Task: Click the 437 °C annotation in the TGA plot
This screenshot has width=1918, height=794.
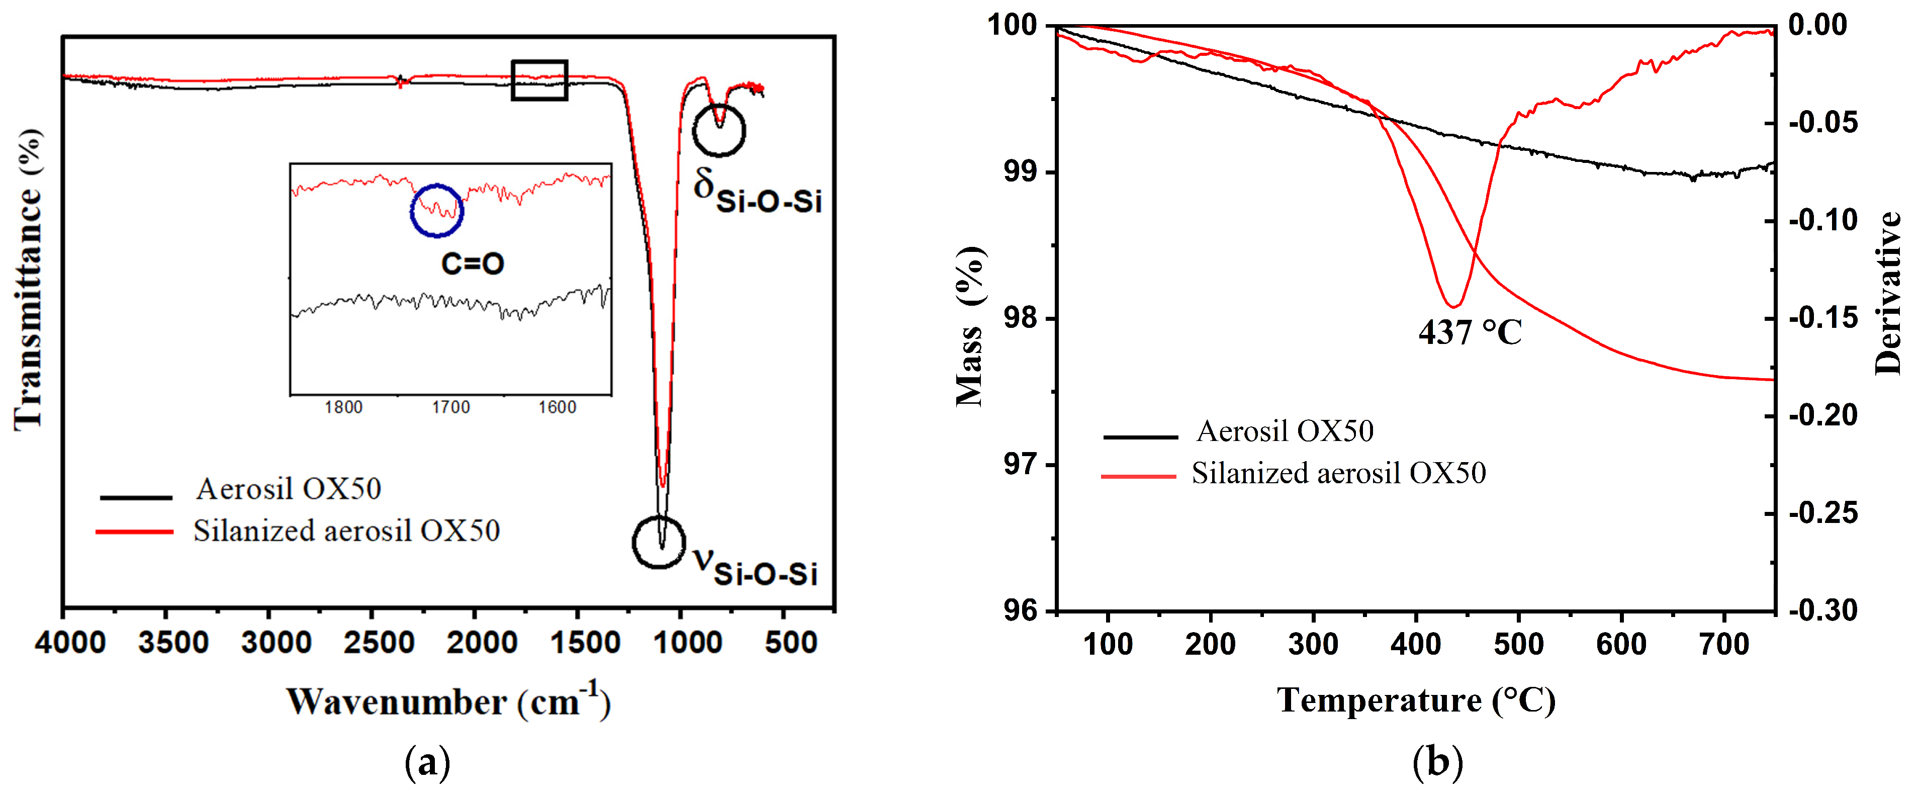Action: click(1470, 332)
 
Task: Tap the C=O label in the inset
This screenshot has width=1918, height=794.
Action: click(473, 263)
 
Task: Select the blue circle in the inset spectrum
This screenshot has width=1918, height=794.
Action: click(437, 210)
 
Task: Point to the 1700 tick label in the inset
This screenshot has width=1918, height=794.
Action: click(450, 407)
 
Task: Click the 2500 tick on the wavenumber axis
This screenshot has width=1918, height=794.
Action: click(378, 642)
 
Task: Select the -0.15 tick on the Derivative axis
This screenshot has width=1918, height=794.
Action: click(1822, 318)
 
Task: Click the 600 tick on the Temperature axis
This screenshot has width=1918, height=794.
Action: click(1621, 644)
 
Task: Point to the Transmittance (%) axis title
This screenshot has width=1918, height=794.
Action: click(28, 279)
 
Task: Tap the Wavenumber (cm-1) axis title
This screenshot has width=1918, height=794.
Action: click(448, 701)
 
